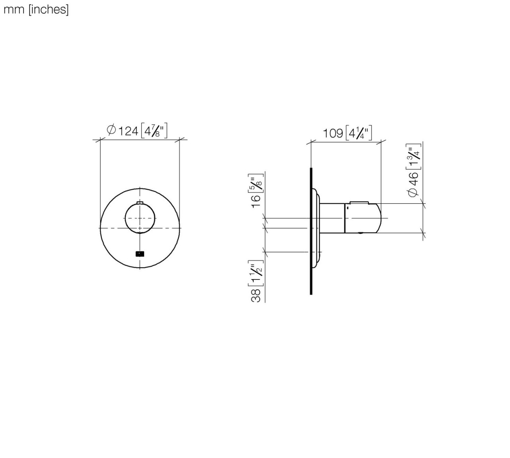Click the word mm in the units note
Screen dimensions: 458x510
(14, 10)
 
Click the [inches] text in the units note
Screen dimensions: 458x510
(48, 10)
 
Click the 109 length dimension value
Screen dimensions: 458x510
(333, 133)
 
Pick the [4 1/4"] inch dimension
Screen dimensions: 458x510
(359, 132)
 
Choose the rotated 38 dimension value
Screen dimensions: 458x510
(256, 295)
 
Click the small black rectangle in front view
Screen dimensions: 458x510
(140, 254)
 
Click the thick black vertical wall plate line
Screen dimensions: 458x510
(311, 231)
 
